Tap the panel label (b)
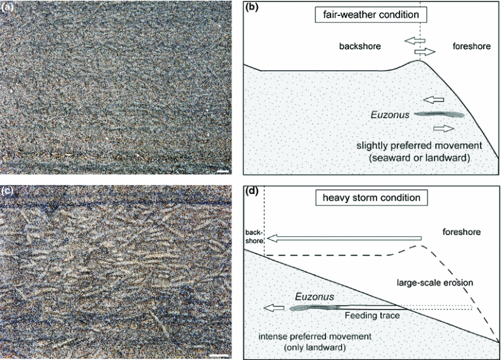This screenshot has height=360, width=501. coord(252,8)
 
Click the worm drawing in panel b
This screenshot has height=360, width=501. coord(438,115)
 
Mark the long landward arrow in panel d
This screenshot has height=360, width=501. coord(345,239)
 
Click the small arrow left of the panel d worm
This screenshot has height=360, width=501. coord(274,308)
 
